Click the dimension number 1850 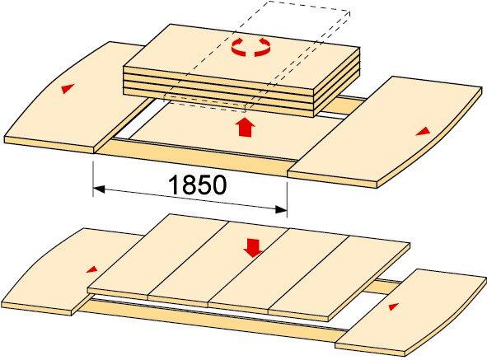point(197,185)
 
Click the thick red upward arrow point(246,127)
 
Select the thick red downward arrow point(253,248)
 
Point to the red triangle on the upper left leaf point(68,88)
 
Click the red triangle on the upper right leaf point(424,132)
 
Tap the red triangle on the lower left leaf point(92,269)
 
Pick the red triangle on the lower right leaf point(394,306)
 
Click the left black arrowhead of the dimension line point(99,189)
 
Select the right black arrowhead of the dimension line point(281,210)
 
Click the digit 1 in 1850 point(174,185)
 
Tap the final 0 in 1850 point(219,185)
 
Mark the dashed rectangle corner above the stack point(350,11)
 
